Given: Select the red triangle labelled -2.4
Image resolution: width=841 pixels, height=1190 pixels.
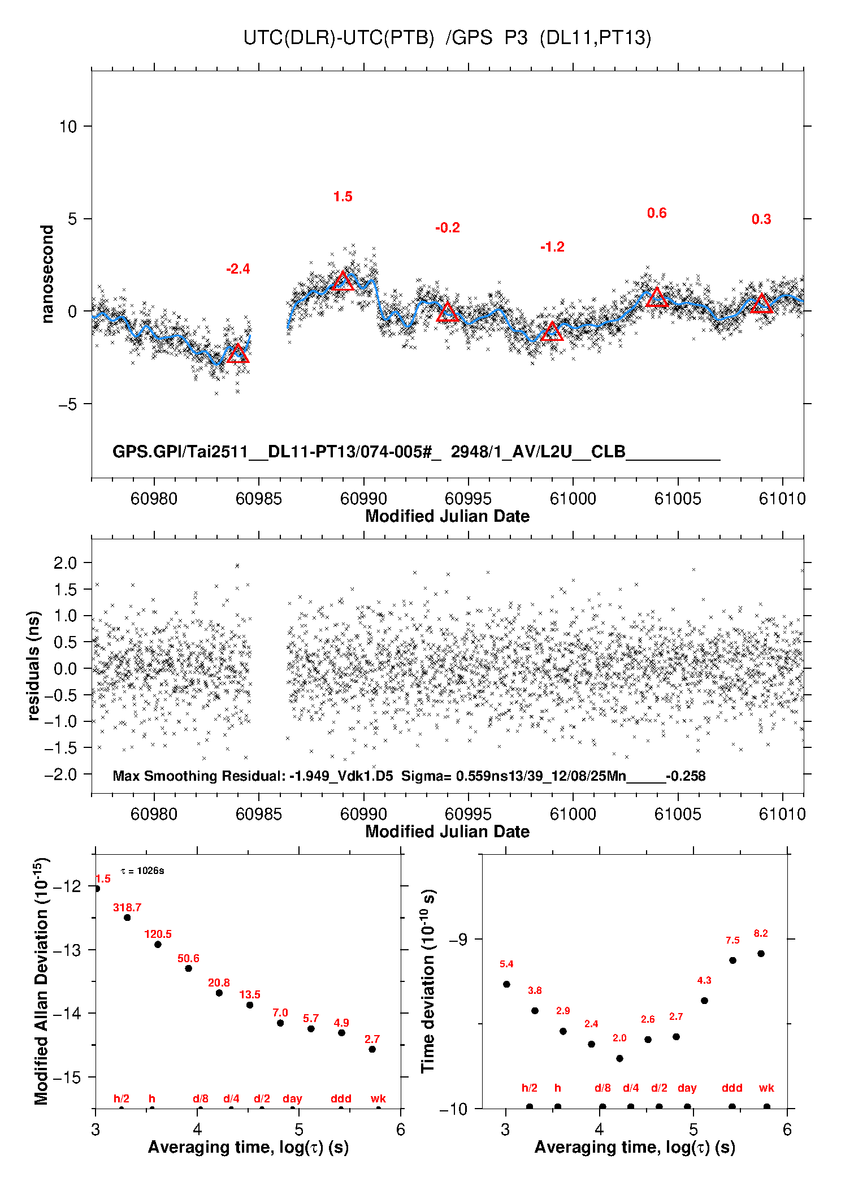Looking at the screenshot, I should [x=238, y=354].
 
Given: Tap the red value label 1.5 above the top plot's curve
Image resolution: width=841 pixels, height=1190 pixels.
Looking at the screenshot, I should [x=343, y=197].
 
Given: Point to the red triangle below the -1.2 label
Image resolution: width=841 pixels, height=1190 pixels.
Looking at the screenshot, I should [x=552, y=332].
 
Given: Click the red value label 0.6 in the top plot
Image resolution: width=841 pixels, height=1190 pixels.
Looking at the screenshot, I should [x=657, y=213].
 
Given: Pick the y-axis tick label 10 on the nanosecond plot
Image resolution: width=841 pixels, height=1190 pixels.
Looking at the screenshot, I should [x=68, y=127].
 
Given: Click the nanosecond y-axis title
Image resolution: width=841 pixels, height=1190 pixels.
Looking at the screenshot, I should [x=47, y=274].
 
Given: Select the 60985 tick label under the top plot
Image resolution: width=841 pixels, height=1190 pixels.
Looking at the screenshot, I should [x=258, y=499].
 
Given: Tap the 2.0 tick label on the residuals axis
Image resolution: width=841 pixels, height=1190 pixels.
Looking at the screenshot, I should [x=65, y=563].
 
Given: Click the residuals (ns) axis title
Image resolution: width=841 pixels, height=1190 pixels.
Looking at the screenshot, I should [x=34, y=665].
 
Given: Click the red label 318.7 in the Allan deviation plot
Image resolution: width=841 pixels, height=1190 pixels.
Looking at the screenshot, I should [x=127, y=907].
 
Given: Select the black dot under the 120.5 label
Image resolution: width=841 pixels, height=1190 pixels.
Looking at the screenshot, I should [x=158, y=945].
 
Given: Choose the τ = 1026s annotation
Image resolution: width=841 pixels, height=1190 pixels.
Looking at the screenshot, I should [x=142, y=871].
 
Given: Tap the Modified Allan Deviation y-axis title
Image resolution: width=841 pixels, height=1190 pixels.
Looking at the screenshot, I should [x=41, y=981].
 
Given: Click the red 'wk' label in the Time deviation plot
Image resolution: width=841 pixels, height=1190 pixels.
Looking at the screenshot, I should [x=766, y=1088].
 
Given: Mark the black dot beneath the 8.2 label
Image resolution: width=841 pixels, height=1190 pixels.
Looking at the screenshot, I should [x=761, y=954].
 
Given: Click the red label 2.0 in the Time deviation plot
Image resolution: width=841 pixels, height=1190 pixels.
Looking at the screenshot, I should [x=619, y=1038].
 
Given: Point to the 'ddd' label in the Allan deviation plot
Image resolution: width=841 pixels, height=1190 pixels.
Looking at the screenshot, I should [x=341, y=1098].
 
